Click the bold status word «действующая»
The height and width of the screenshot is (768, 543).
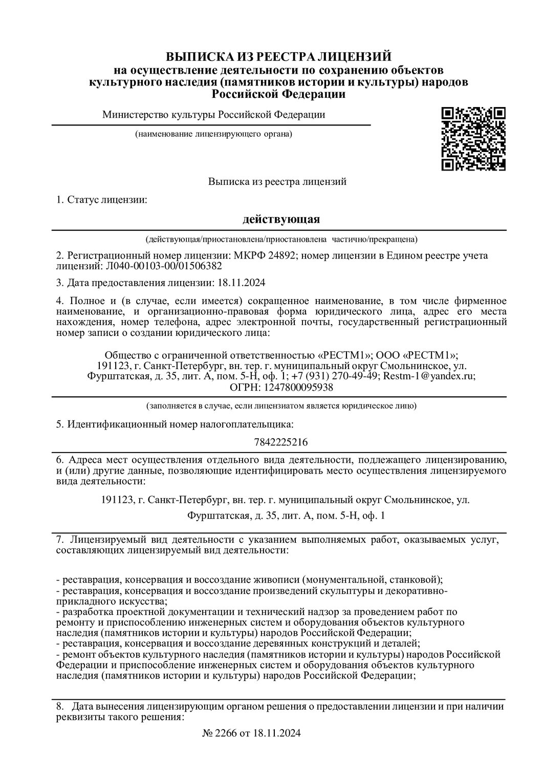tap(281, 219)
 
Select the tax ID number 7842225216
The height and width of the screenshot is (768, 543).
tap(281, 441)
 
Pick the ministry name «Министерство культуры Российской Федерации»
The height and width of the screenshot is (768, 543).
tap(213, 115)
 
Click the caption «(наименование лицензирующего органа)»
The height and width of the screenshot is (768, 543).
tap(213, 134)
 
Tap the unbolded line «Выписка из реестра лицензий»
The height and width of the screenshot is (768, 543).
tap(277, 181)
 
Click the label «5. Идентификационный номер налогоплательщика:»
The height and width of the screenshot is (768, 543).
tap(175, 424)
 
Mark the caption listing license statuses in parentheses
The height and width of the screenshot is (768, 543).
tap(281, 239)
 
